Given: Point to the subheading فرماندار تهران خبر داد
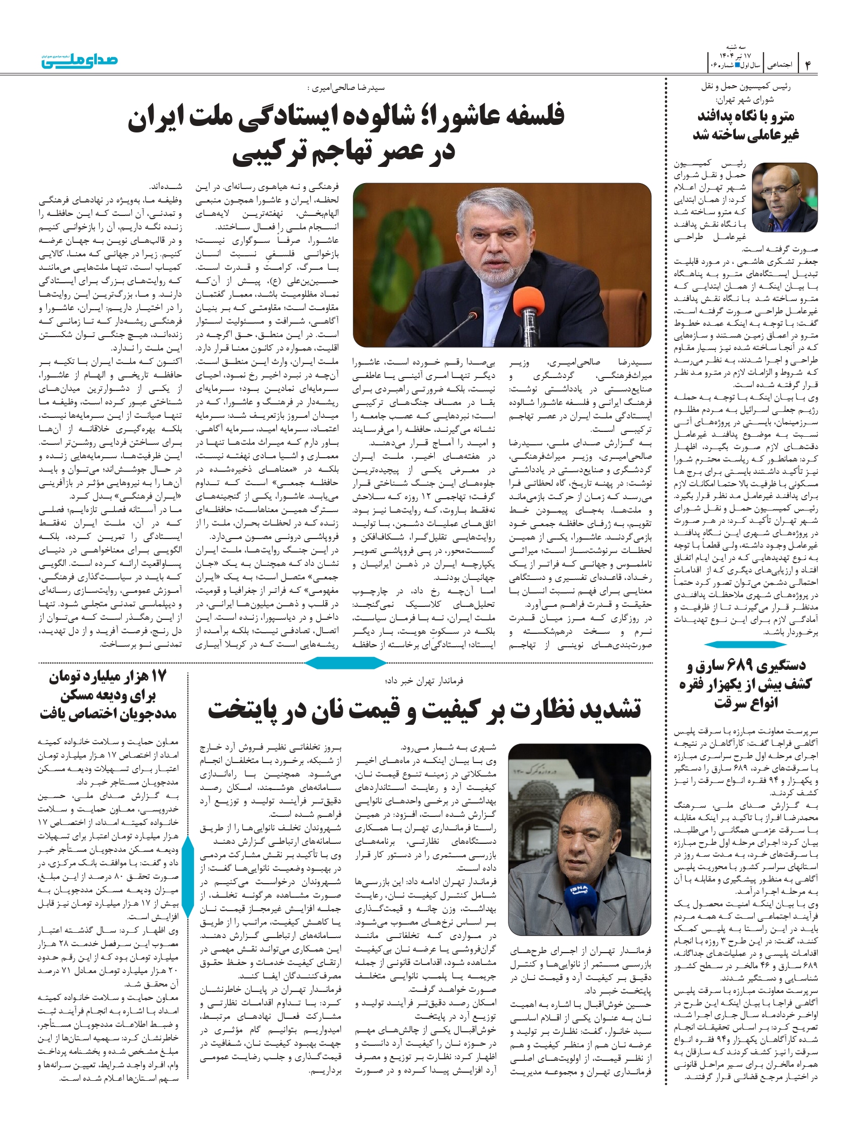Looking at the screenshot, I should pyautogui.click(x=424, y=681).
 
